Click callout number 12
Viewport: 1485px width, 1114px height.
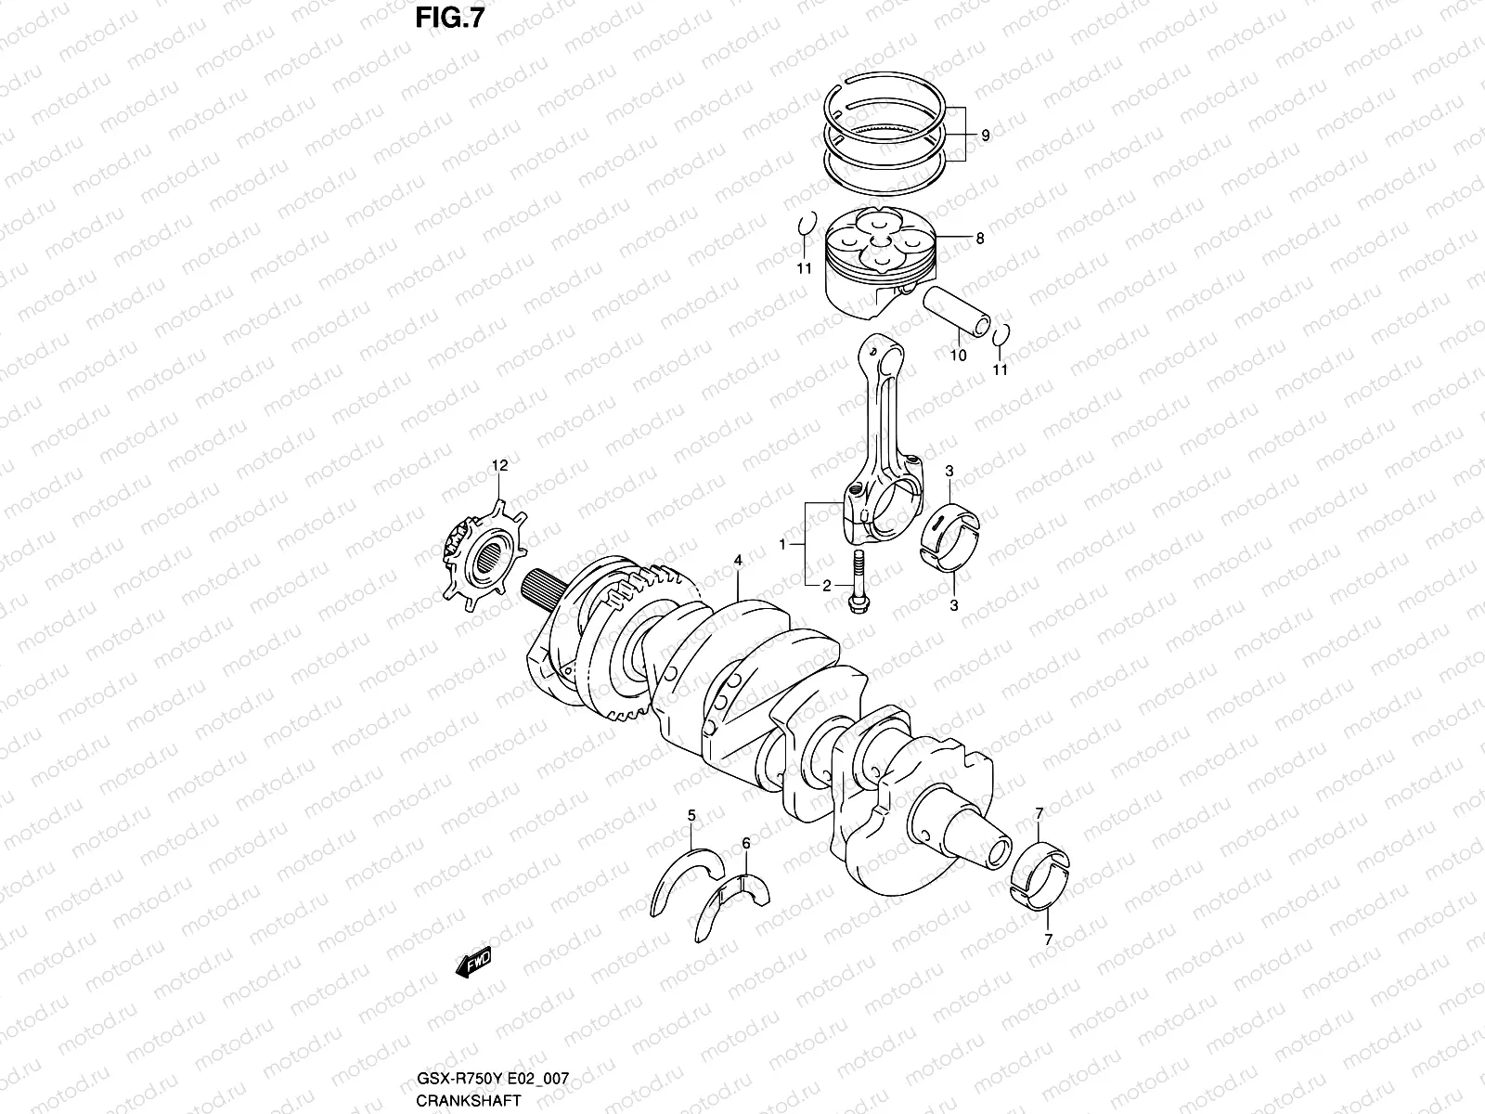(500, 466)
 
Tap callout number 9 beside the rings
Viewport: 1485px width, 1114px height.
(985, 136)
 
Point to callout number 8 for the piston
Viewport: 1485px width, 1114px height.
(979, 239)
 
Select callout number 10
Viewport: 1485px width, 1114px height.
(959, 355)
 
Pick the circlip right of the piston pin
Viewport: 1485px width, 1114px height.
(1001, 336)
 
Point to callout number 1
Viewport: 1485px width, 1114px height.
(782, 543)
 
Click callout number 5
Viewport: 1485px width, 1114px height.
(691, 815)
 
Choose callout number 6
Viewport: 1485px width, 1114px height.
(745, 843)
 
